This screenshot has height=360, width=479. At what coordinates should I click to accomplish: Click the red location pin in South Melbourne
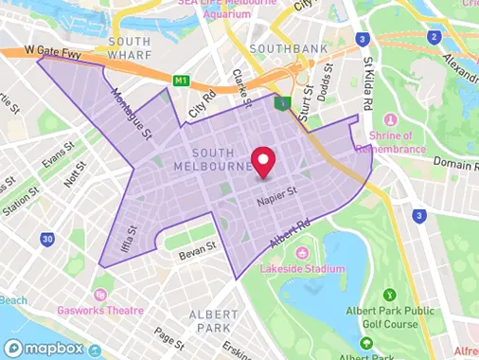point(262,162)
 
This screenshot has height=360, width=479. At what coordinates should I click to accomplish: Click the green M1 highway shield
point(180,81)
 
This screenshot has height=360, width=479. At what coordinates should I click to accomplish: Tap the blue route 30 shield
point(46,241)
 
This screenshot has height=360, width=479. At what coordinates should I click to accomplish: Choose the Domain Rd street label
point(455,164)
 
